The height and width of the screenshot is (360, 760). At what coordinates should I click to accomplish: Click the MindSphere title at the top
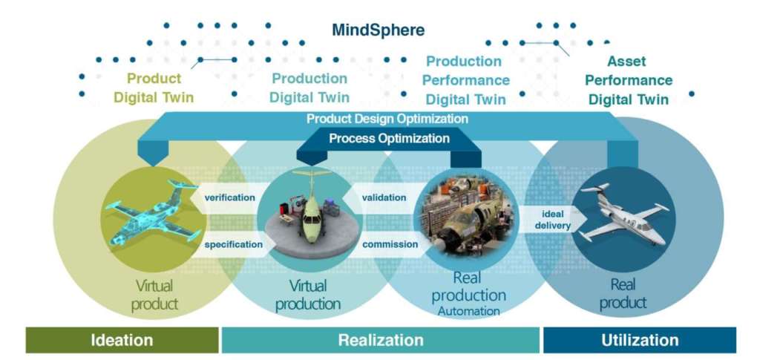[x=379, y=30]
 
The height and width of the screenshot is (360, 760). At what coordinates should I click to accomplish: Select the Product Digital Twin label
[x=154, y=88]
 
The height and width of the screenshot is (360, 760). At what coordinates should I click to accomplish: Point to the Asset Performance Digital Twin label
[x=629, y=80]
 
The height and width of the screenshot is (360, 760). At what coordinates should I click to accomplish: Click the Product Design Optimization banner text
[x=387, y=119]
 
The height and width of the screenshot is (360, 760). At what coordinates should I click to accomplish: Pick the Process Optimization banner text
[x=389, y=138]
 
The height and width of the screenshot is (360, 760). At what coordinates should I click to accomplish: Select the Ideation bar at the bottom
[x=122, y=341]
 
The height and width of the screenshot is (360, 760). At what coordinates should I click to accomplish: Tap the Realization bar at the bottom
[x=380, y=341]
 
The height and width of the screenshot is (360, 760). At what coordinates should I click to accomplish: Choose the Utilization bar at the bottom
[x=639, y=341]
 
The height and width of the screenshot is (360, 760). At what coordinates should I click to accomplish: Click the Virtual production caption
[x=307, y=295]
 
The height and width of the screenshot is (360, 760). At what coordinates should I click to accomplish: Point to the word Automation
[x=468, y=311]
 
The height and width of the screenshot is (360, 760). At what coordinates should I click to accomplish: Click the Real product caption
[x=623, y=293]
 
